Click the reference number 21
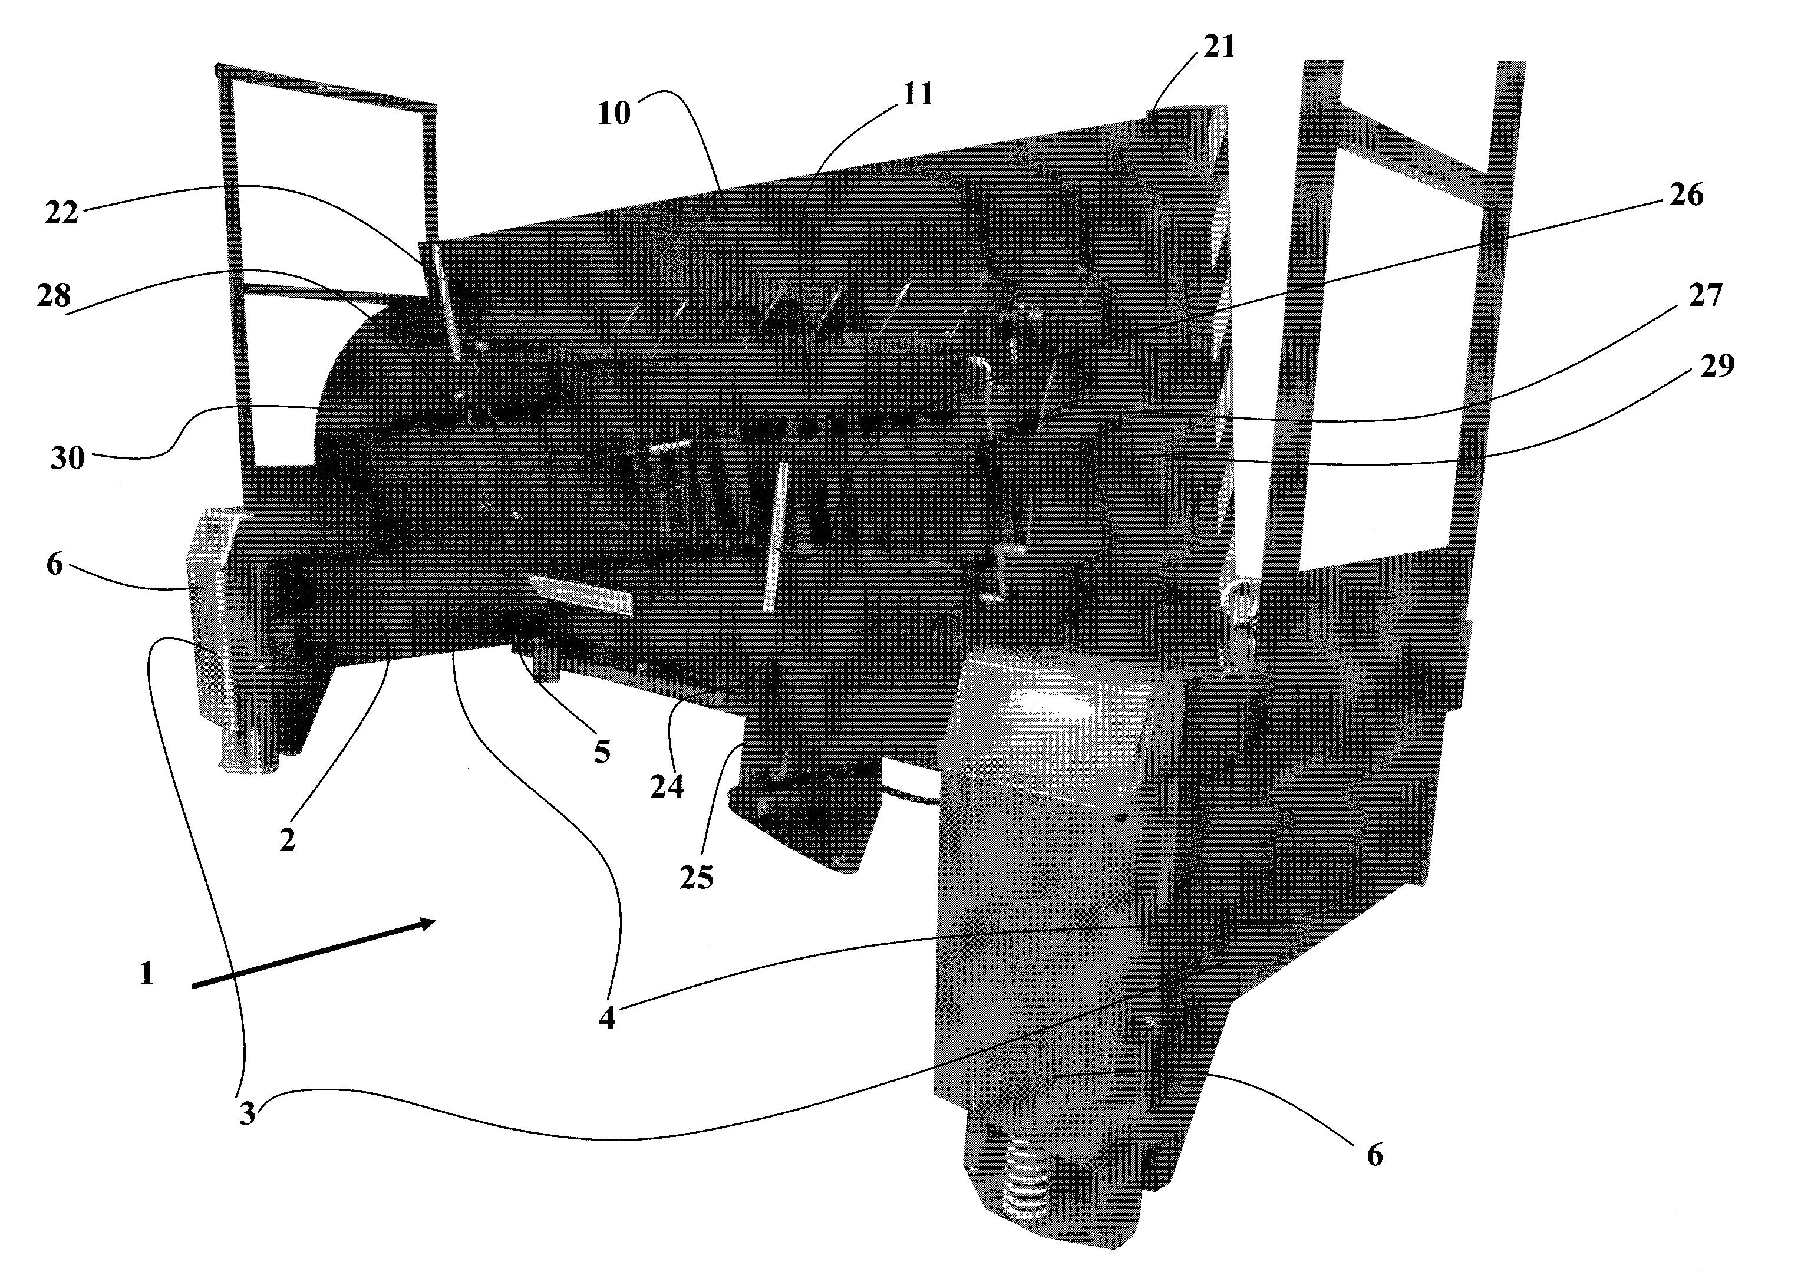click(x=1219, y=48)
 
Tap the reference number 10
click(x=615, y=113)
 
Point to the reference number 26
click(x=1685, y=195)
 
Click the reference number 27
click(x=1704, y=296)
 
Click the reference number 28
click(x=53, y=296)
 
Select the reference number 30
click(x=67, y=457)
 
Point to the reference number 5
click(x=603, y=751)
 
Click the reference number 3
click(x=248, y=1114)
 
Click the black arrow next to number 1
click(x=313, y=953)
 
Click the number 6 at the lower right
click(x=1375, y=1156)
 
